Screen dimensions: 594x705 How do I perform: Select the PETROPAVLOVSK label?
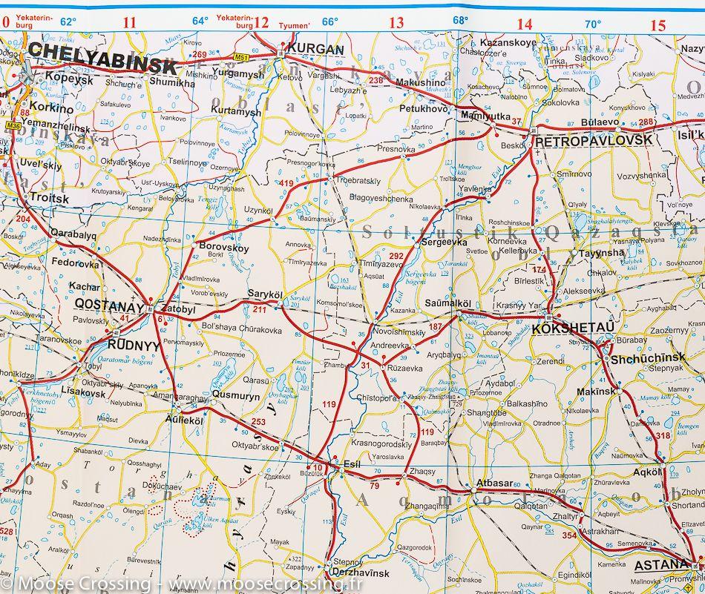594,139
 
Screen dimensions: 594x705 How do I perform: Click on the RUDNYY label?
134,345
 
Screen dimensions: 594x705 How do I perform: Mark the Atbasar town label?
494,483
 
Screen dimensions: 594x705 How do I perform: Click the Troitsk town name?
49,199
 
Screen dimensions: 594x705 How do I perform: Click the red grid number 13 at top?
396,23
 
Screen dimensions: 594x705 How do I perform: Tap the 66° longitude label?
329,22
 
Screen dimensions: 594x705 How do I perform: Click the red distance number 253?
258,422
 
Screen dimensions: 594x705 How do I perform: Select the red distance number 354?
569,535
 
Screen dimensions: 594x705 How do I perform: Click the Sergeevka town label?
443,242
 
